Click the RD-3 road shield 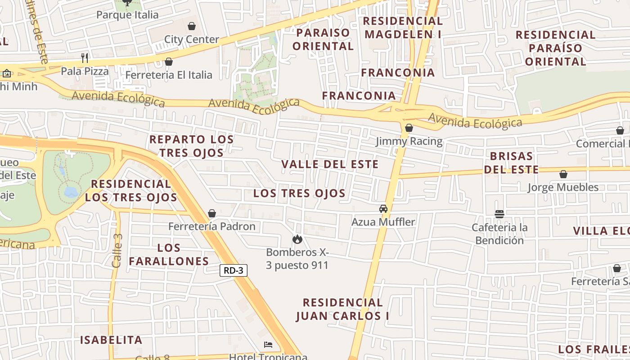click(x=234, y=270)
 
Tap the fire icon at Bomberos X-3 click(x=297, y=239)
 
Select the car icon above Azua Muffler click(x=383, y=209)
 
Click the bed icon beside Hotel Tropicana click(x=268, y=345)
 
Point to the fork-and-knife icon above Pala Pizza click(x=85, y=58)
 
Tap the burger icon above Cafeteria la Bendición click(x=499, y=214)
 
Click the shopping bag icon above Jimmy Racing click(x=409, y=128)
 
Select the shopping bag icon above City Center click(x=192, y=26)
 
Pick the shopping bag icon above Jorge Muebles click(x=563, y=174)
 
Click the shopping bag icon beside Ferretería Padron click(x=212, y=213)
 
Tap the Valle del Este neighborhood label click(x=330, y=164)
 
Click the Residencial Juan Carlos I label click(x=342, y=309)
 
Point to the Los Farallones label click(x=169, y=254)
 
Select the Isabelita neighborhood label click(x=111, y=340)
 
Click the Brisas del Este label click(x=513, y=163)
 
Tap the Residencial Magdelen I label click(x=403, y=27)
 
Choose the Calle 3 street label click(x=117, y=251)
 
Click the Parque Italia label click(x=127, y=15)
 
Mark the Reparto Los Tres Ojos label click(x=192, y=146)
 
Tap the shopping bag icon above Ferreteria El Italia click(x=169, y=62)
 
